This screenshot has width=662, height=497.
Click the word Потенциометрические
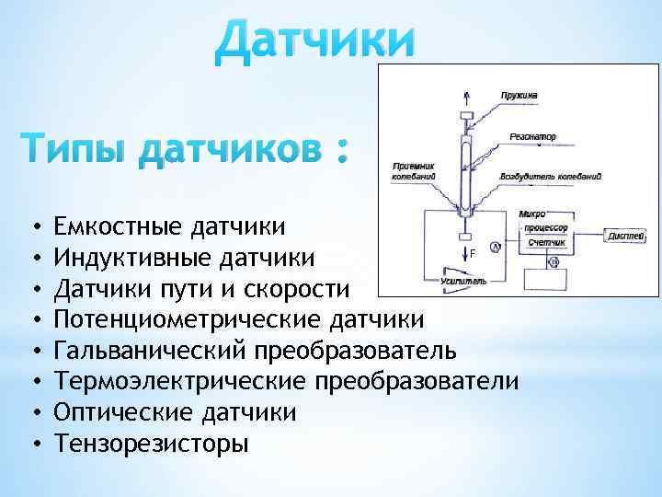tap(188, 319)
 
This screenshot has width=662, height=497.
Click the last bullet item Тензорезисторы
tap(151, 445)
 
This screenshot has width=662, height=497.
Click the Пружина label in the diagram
tap(519, 94)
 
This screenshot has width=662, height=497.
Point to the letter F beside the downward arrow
tap(473, 251)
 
